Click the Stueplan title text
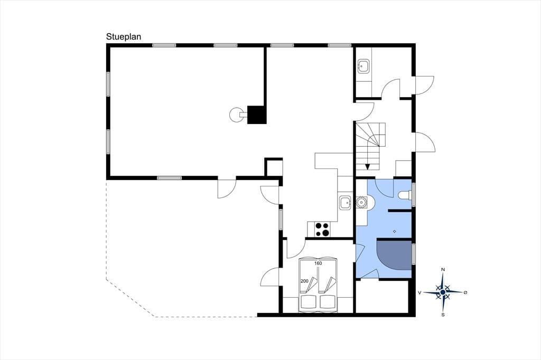124,37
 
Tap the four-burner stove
322,230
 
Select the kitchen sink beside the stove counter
345,202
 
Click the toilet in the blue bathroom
404,195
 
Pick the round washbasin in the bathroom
362,202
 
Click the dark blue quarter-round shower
394,255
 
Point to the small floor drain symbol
395,231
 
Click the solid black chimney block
257,115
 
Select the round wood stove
237,115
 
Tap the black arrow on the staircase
368,167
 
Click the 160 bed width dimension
318,263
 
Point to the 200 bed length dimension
304,281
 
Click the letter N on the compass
443,269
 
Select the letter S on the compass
443,315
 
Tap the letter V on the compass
419,292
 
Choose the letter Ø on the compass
465,292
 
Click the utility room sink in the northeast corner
363,66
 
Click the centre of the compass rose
443,292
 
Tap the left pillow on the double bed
309,302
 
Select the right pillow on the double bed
328,302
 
